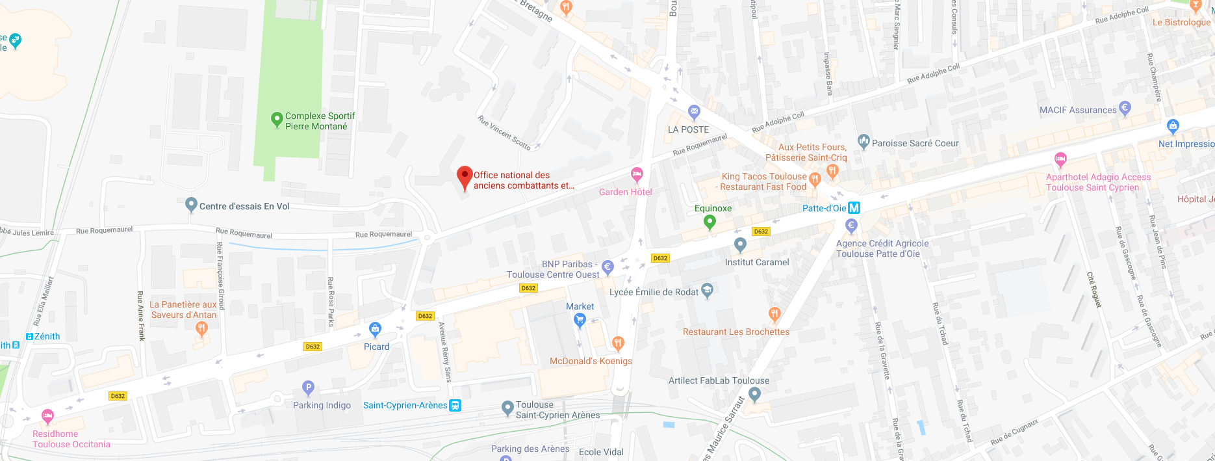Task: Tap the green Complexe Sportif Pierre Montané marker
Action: [x=277, y=119]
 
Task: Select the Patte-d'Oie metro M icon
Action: [x=854, y=208]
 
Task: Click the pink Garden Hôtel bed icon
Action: [x=637, y=174]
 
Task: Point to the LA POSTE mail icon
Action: [x=694, y=112]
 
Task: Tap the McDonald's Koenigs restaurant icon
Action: [x=618, y=343]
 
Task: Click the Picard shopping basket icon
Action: [x=375, y=329]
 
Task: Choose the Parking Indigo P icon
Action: [x=309, y=388]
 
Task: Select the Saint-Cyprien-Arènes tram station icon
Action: [x=455, y=405]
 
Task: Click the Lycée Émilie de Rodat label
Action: [x=654, y=292]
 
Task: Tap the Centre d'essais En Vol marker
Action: [x=191, y=205]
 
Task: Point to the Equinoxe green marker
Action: [x=710, y=222]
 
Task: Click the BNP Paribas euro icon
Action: [x=607, y=267]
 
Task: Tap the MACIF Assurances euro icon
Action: [x=1125, y=107]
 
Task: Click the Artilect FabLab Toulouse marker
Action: [x=754, y=393]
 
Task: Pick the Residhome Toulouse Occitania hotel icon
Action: [x=47, y=415]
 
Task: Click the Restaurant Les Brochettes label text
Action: [x=735, y=332]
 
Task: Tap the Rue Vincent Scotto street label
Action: [x=504, y=133]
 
